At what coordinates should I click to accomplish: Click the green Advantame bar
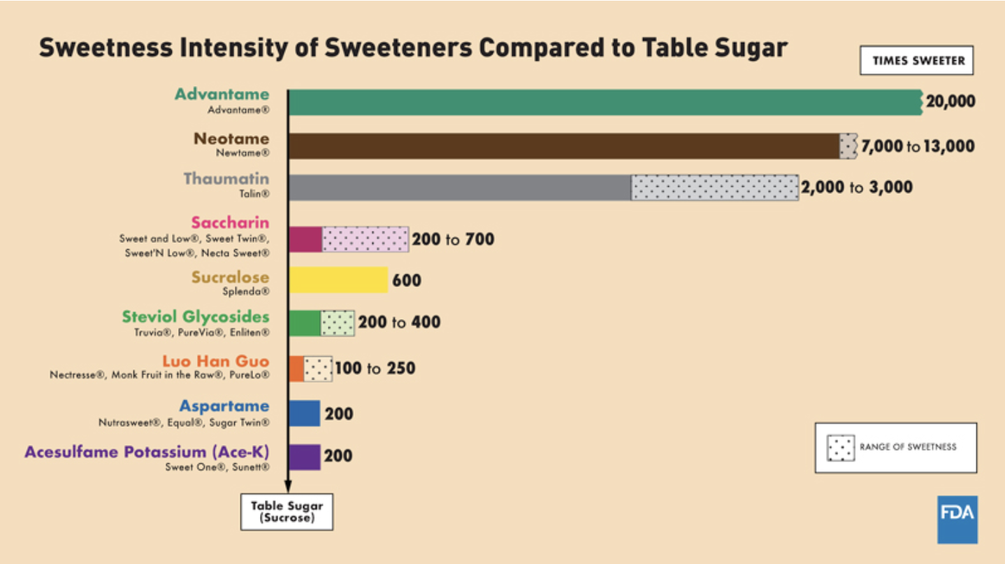605,102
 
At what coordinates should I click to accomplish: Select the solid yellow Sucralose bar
338,280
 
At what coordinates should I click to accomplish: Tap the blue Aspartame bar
304,413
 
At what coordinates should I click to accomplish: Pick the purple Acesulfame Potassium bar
304,457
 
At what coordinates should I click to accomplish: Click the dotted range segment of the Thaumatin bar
714,188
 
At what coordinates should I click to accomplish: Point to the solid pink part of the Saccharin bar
305,239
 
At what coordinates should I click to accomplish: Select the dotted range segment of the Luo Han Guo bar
318,368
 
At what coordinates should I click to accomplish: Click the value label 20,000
950,102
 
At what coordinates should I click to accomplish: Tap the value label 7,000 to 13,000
917,146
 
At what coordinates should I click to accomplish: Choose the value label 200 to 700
453,239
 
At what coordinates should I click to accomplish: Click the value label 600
407,281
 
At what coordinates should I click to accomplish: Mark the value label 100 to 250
375,368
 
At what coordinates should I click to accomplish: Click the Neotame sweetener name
231,139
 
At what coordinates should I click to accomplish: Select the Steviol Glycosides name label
196,317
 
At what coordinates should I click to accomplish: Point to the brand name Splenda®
245,292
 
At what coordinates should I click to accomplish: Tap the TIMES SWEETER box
918,61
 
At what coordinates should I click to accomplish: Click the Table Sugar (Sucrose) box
287,512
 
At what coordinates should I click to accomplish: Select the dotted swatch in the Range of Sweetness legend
840,448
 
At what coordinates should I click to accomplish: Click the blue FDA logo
957,519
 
